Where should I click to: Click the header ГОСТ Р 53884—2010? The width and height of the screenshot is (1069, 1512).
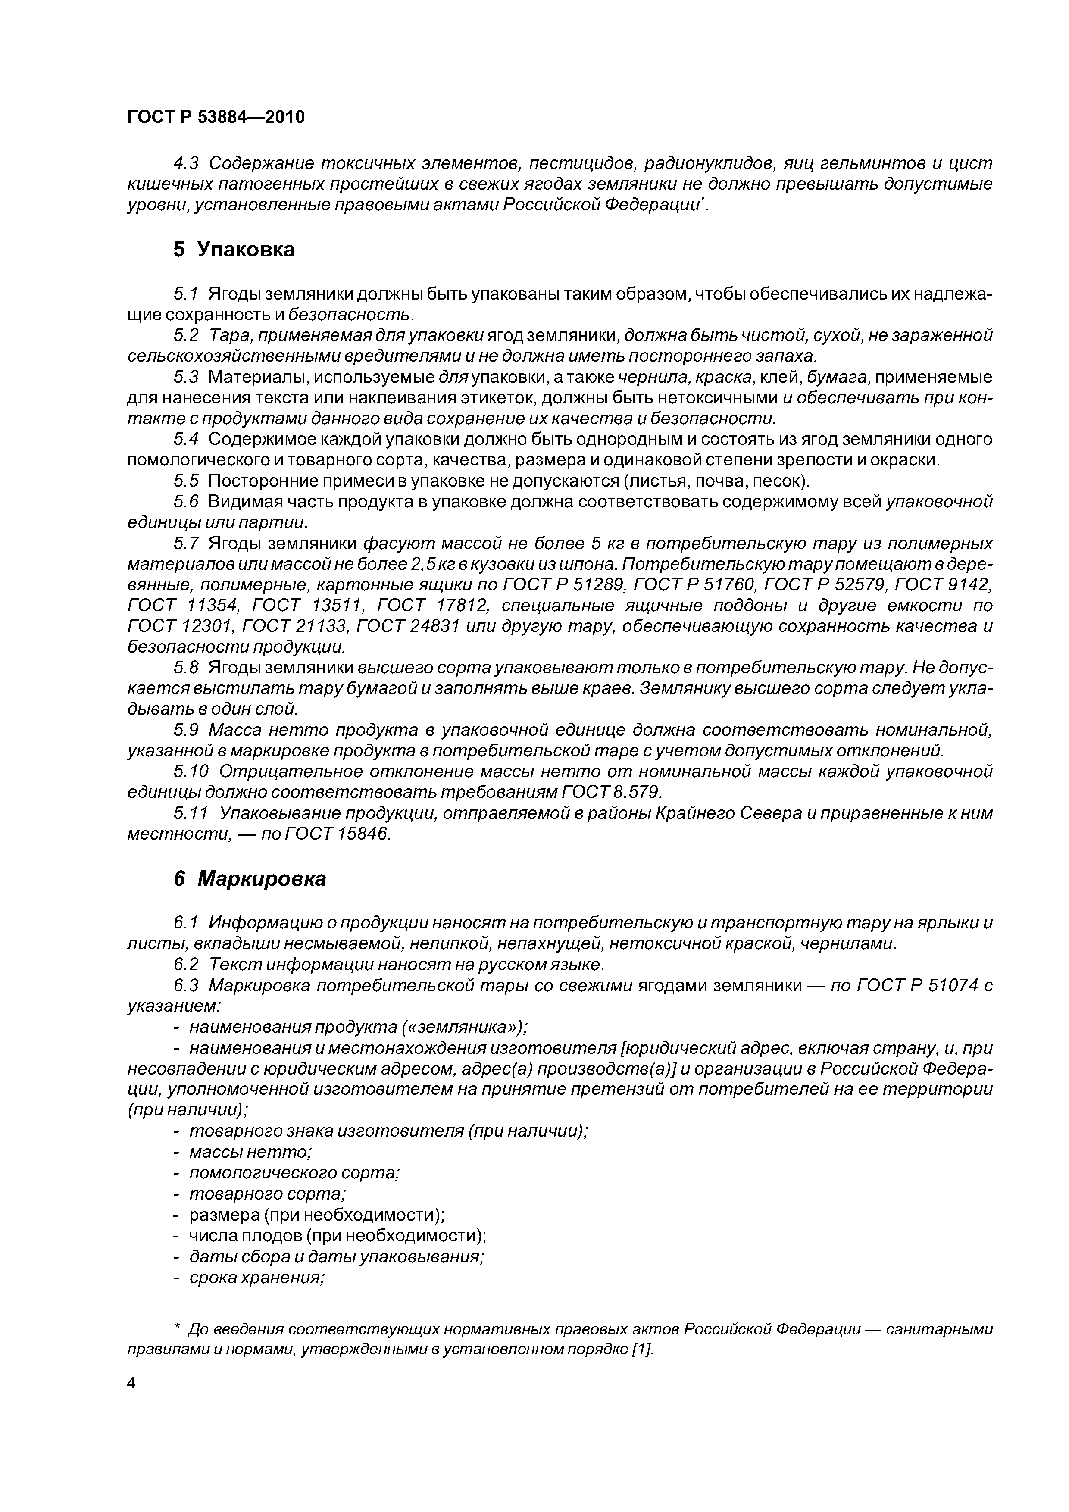[x=216, y=117]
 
